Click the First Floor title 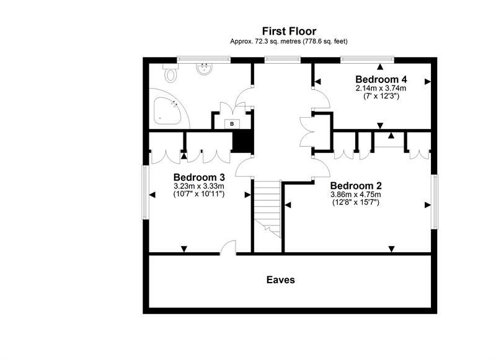(x=289, y=31)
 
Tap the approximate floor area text (x=289, y=42)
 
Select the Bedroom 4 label (x=381, y=79)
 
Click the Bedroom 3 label (x=198, y=176)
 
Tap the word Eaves (x=280, y=279)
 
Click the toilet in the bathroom (x=170, y=74)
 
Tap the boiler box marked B (x=232, y=124)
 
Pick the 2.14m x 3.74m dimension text (x=381, y=89)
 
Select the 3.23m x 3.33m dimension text (x=198, y=185)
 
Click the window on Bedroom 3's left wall (x=146, y=191)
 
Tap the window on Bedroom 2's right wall (x=435, y=201)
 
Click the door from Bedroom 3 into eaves (x=229, y=249)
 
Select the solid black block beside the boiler (x=241, y=141)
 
